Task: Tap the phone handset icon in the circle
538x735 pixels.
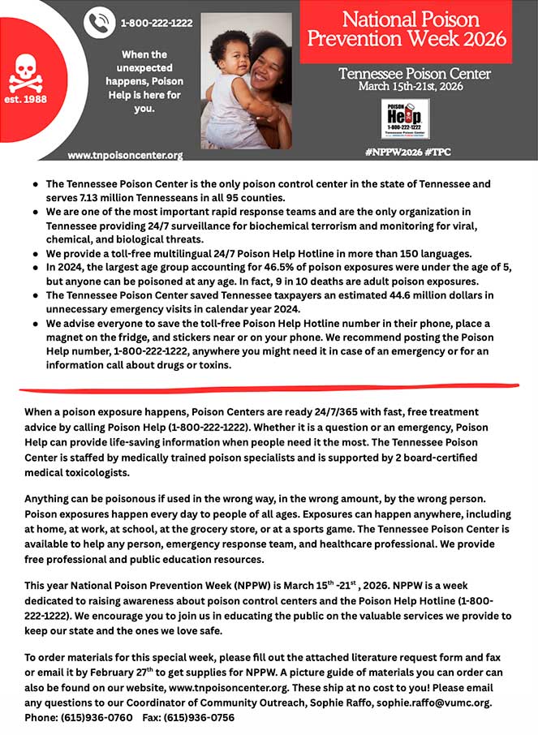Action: click(100, 22)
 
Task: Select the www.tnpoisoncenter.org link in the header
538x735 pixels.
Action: click(125, 155)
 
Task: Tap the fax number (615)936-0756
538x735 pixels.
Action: click(200, 717)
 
